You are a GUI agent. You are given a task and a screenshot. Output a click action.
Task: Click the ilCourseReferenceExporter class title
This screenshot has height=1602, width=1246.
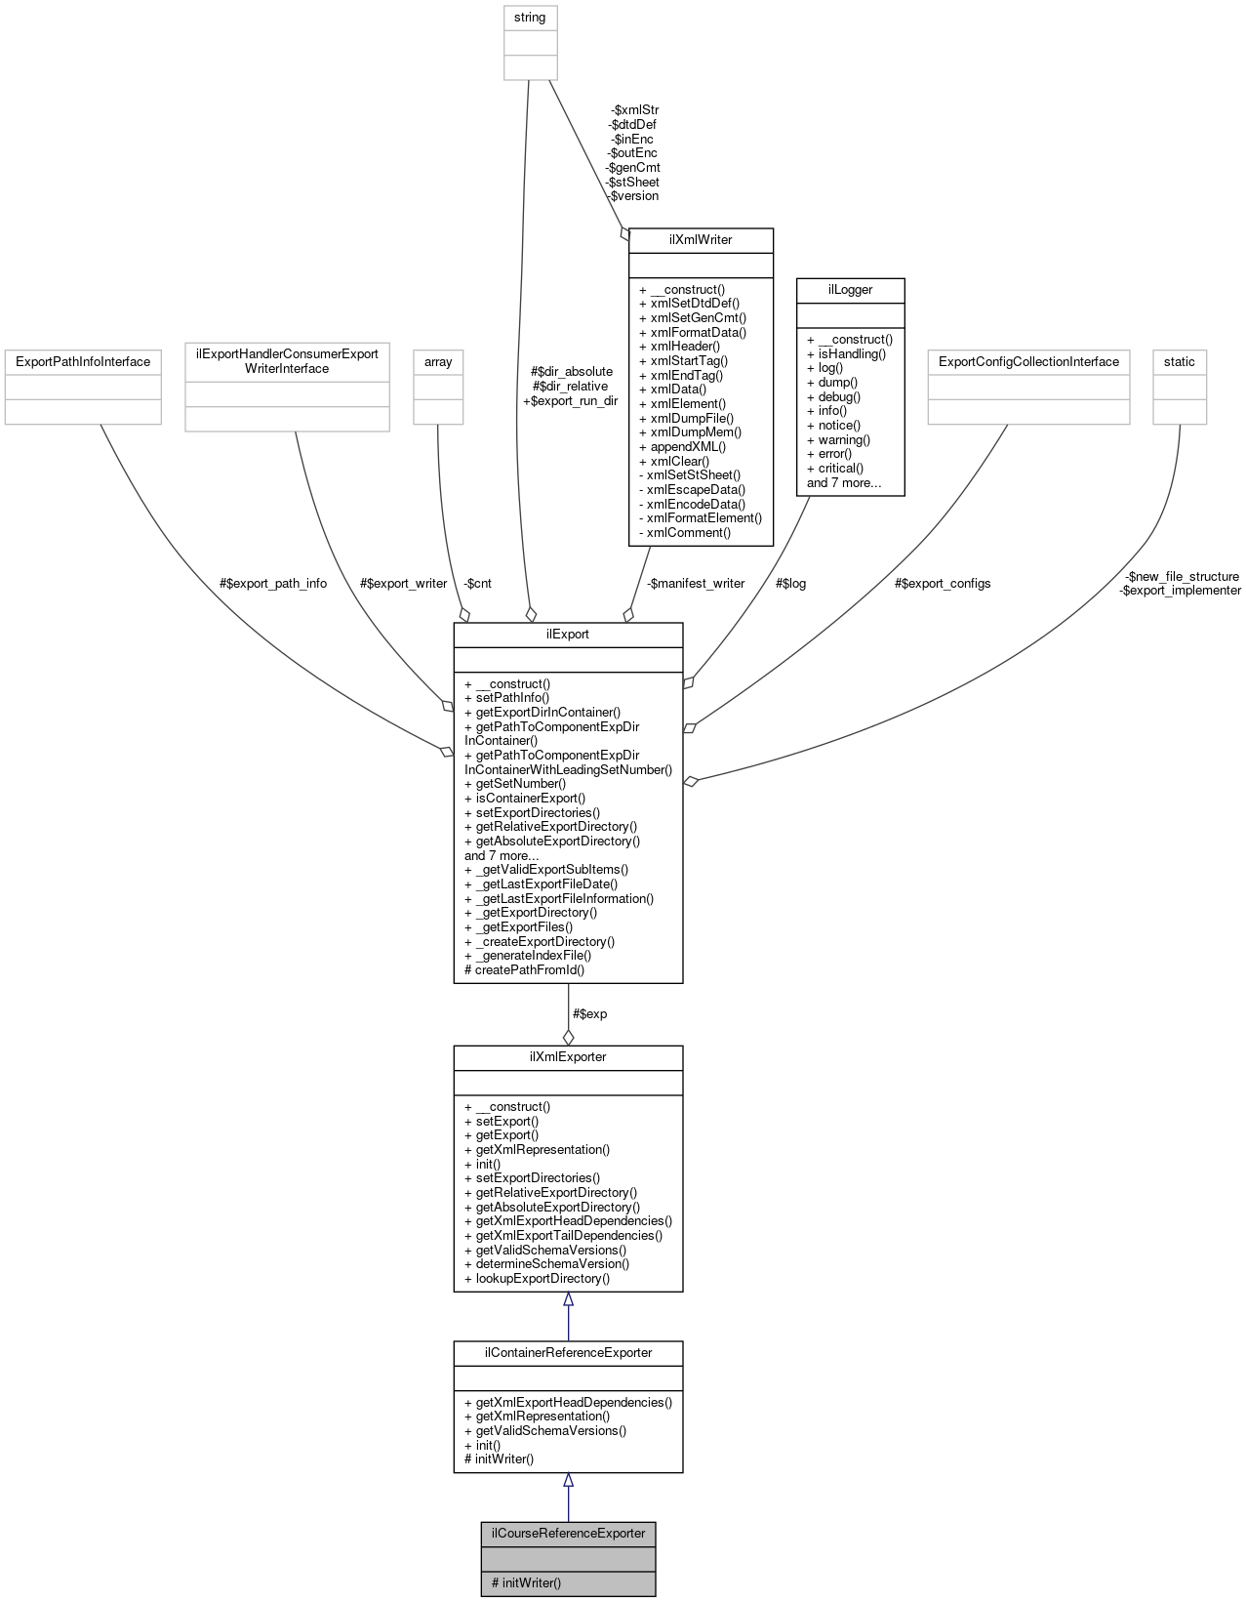coord(568,1533)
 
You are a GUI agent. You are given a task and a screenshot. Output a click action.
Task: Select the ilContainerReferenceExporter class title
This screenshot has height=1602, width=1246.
coord(568,1352)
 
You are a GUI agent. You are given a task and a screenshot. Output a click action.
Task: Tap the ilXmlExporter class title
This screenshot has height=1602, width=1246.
coord(568,1056)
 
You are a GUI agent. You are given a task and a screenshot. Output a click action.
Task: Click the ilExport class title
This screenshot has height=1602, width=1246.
coord(568,634)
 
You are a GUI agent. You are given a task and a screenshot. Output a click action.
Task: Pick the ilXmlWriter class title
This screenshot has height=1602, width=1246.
coord(701,239)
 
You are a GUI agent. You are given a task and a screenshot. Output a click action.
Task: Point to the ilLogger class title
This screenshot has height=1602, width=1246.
coord(850,289)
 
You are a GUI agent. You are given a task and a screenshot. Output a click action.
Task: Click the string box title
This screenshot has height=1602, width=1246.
coord(530,17)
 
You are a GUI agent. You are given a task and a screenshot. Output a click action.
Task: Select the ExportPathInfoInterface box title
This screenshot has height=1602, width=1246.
coord(83,361)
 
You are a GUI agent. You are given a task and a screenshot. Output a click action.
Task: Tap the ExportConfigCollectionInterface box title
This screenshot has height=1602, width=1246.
coord(1028,361)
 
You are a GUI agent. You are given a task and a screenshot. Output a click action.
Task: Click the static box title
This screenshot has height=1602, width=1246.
coord(1179,361)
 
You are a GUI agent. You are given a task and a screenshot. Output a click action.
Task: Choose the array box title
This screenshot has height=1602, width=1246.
coord(438,361)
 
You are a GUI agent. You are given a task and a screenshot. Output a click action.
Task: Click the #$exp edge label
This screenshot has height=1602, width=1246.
coord(589,1013)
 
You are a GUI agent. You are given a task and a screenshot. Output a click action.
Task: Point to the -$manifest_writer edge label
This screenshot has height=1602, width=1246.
coord(696,583)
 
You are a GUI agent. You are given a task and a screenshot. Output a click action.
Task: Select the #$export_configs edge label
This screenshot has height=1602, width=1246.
coord(943,583)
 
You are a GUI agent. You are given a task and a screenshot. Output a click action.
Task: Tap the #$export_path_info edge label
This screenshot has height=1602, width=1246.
coord(273,583)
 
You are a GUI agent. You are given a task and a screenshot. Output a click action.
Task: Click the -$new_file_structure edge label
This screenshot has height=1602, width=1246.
coord(1182,576)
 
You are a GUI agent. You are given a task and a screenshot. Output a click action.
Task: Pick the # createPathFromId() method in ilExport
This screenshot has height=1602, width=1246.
coord(525,969)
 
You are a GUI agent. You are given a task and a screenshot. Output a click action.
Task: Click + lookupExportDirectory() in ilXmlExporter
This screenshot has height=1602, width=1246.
coord(537,1278)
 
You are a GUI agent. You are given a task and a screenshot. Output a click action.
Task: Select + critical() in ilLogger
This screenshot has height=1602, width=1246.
coord(835,468)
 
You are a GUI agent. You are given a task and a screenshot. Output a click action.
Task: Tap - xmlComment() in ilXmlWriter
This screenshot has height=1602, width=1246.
coord(685,532)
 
